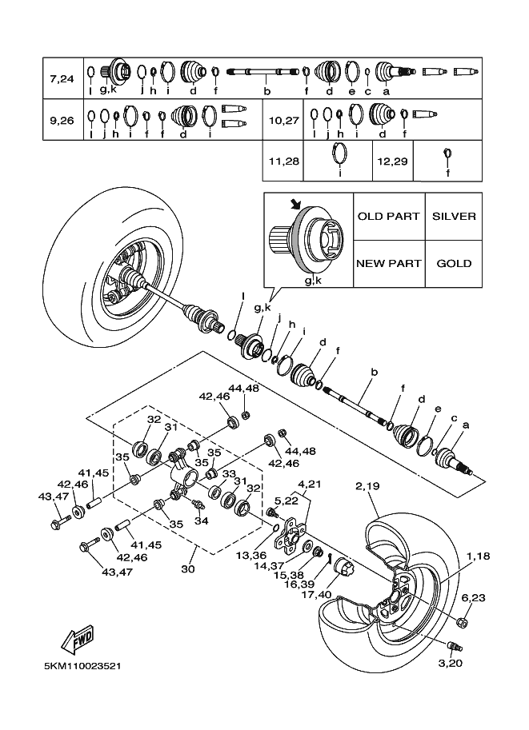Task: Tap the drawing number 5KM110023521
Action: tap(84, 665)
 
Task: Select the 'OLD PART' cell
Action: tap(388, 217)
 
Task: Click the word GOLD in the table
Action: tap(454, 263)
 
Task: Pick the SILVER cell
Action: tap(454, 217)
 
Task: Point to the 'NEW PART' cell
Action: tap(388, 263)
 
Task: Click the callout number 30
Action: tap(189, 568)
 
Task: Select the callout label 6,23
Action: tap(473, 597)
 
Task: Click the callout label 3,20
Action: tap(451, 663)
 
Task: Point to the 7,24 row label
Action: tap(62, 78)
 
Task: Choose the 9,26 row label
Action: tap(62, 121)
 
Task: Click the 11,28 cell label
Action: tap(284, 161)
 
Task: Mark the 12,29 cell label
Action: tap(392, 161)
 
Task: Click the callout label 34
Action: tap(201, 521)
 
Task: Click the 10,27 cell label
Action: tap(284, 121)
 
